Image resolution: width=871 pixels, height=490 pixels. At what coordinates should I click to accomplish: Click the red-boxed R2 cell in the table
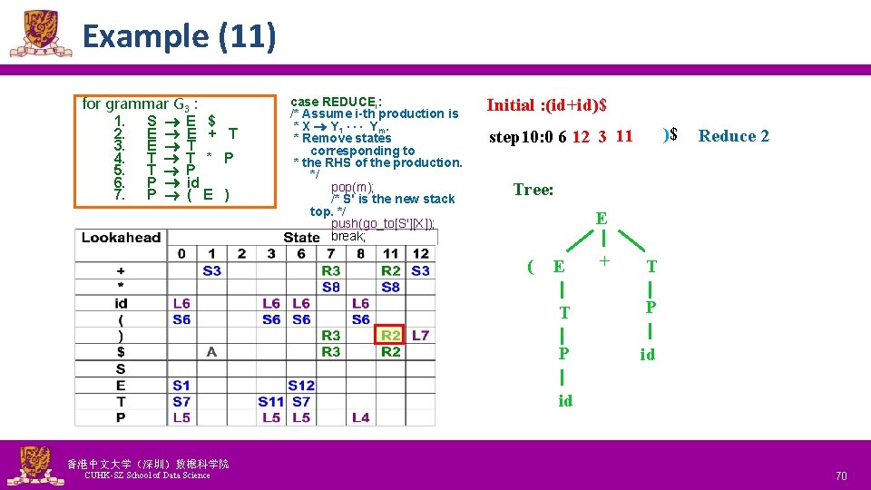[391, 336]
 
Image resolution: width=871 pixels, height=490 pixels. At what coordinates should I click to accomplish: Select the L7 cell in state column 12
[420, 336]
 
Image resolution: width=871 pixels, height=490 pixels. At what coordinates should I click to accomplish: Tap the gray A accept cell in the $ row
[211, 352]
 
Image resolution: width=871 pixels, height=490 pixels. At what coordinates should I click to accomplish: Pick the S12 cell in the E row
[301, 386]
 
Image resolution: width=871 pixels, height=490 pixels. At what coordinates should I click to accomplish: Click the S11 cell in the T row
[271, 402]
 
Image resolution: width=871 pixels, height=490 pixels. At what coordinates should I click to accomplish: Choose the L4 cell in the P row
[360, 417]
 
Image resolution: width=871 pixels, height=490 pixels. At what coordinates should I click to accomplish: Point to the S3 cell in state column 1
[211, 270]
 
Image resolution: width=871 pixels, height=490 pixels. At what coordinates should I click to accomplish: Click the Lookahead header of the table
[121, 238]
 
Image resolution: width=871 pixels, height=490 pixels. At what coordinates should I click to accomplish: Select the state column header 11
[391, 253]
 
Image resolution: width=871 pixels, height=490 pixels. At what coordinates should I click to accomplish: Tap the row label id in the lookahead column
[121, 303]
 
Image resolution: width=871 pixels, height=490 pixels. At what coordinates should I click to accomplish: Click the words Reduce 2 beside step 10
[733, 136]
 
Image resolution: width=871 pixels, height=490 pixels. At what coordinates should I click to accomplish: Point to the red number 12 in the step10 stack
[581, 137]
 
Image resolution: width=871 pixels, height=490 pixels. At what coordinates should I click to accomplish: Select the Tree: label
[533, 190]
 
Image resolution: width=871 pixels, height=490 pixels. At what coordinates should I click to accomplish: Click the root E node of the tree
[601, 219]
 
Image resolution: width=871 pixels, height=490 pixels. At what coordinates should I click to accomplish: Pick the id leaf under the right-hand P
[647, 355]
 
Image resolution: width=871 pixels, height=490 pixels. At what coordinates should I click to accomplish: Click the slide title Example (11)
[179, 36]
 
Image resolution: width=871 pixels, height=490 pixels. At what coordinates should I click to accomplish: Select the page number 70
[840, 475]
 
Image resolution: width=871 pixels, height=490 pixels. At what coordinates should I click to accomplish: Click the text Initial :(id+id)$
[547, 105]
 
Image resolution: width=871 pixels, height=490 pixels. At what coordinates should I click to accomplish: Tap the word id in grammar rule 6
[192, 182]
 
